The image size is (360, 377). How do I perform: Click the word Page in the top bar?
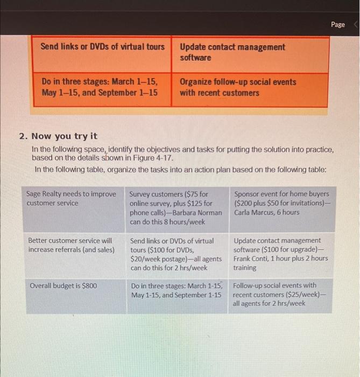coord(338,24)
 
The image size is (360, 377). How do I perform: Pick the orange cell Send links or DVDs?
coord(103,47)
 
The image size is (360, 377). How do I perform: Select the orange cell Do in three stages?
coord(100,87)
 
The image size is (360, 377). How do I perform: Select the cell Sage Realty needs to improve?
coord(71,198)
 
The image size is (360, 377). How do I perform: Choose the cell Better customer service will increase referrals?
coord(71,245)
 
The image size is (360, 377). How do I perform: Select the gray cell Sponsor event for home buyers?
coord(281,193)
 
